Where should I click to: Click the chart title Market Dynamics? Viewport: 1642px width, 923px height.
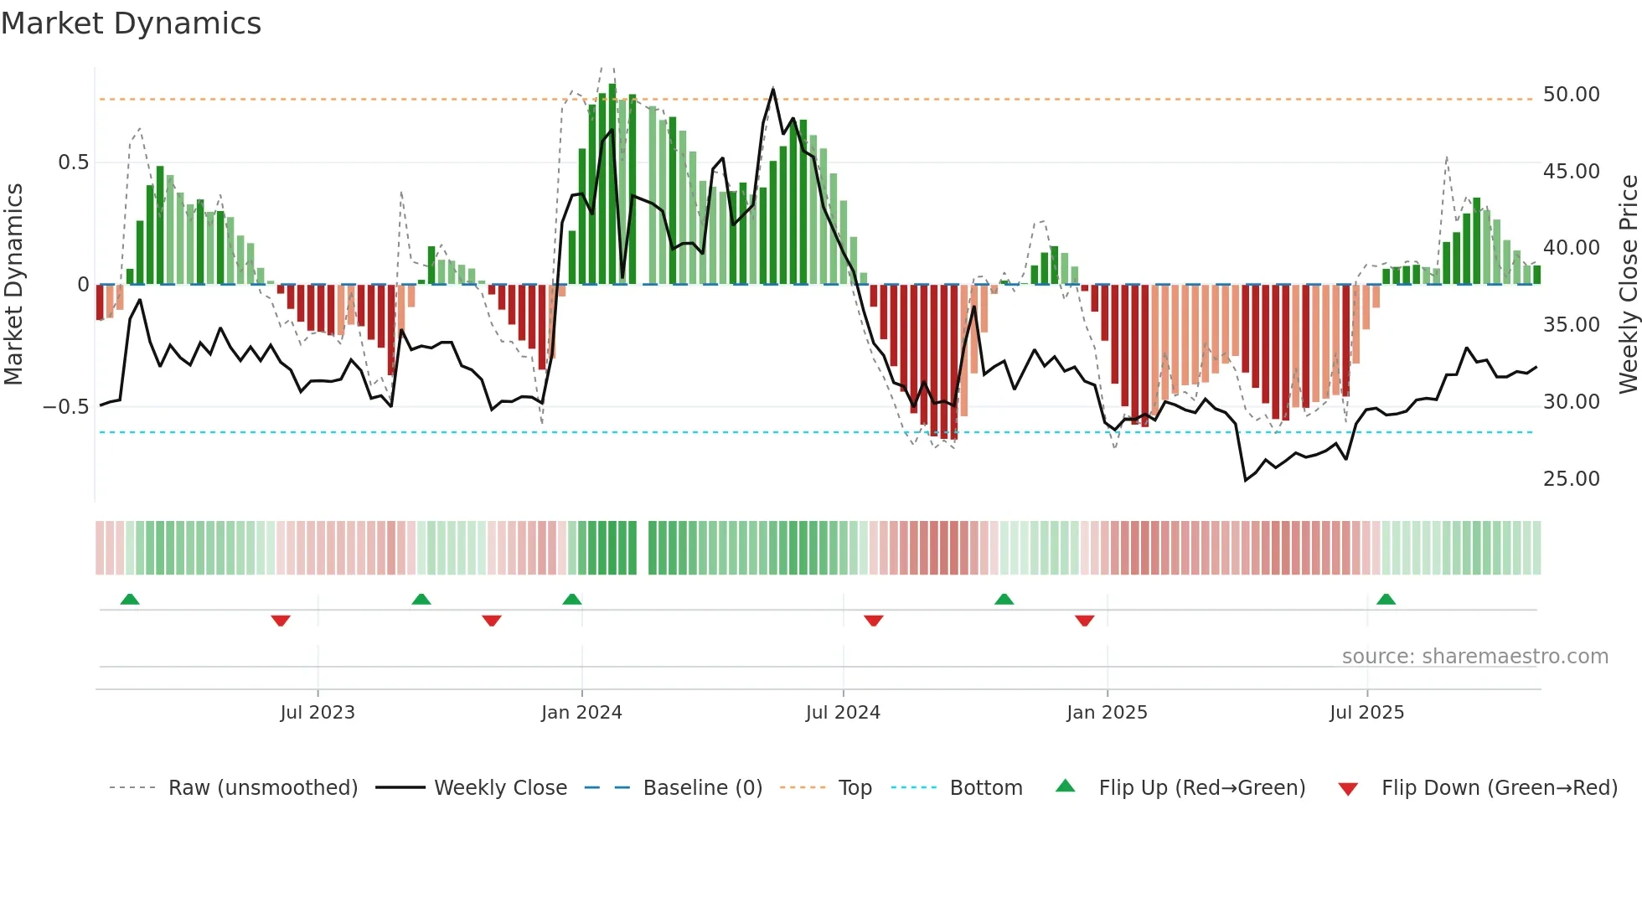(131, 23)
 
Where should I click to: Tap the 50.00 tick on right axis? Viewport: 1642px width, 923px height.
(1571, 95)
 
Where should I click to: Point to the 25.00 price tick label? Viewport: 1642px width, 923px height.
(1571, 479)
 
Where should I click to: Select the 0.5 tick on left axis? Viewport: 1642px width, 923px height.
(73, 162)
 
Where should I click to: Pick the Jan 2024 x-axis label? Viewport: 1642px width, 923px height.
(581, 713)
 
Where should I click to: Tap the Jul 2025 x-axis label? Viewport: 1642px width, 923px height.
(1366, 713)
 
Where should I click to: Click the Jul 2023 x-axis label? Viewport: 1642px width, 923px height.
(318, 713)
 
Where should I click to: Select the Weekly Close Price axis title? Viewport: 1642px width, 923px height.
(1628, 285)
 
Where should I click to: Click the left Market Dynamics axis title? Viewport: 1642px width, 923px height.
(13, 285)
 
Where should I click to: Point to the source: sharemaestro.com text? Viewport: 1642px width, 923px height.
(1474, 657)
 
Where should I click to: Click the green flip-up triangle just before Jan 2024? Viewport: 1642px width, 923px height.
(572, 600)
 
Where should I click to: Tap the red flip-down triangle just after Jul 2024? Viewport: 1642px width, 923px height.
(874, 621)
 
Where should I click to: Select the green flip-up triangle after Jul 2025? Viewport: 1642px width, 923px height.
(1386, 600)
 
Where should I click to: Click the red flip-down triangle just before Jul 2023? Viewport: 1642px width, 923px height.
(281, 621)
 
